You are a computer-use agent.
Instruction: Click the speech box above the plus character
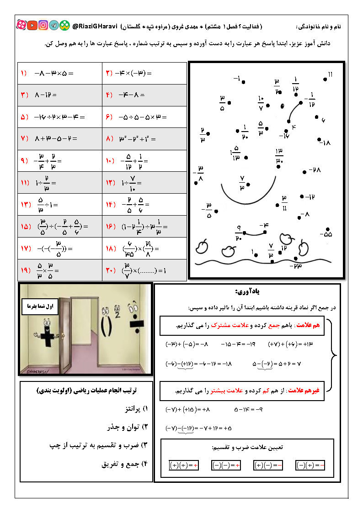pos(41,307)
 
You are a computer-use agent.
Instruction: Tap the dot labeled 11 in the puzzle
pos(325,79)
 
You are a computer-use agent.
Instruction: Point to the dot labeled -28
pos(305,172)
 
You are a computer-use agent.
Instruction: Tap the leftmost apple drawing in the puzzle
pos(202,246)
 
